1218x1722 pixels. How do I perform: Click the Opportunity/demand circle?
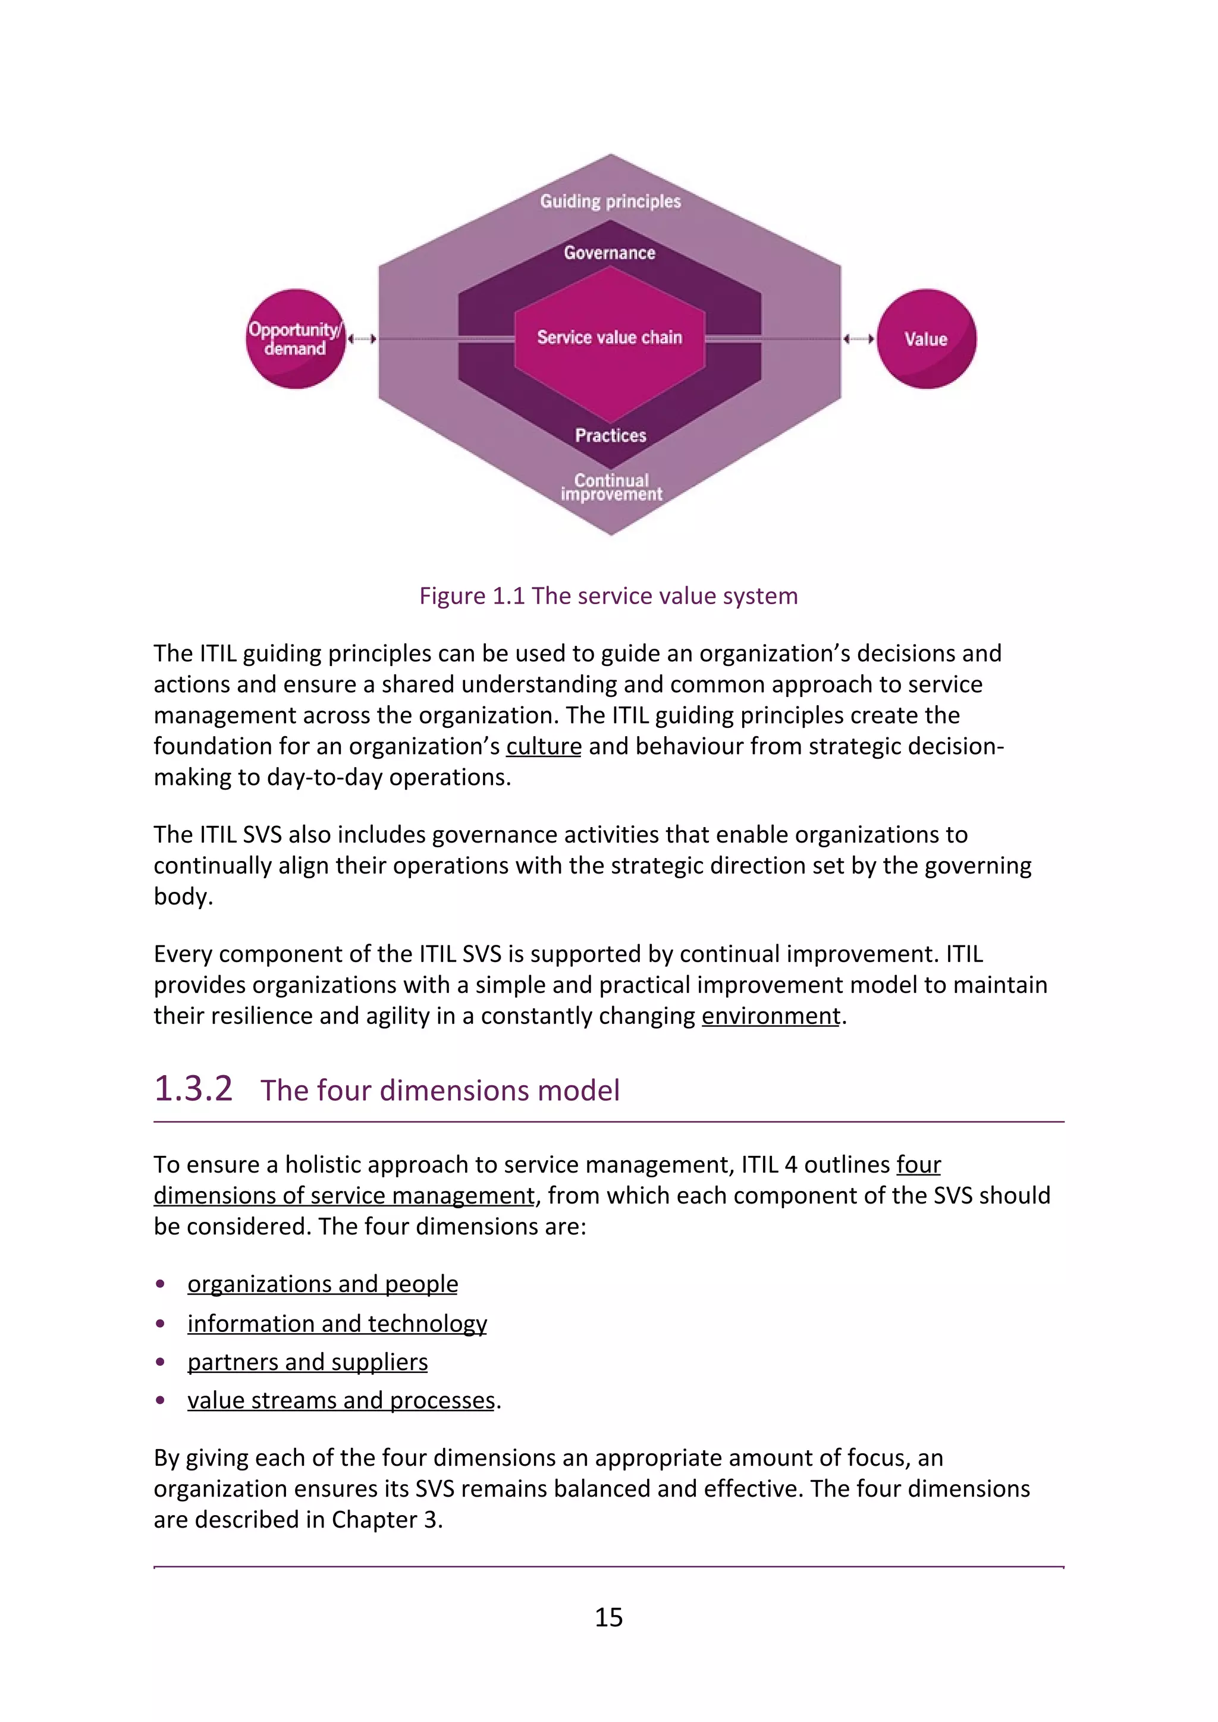(296, 339)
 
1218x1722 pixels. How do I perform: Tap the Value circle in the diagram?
(926, 339)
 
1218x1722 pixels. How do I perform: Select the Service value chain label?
(609, 338)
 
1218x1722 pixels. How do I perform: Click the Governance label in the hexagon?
(610, 253)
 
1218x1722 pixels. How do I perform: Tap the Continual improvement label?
(611, 487)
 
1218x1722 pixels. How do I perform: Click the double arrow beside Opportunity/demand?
(362, 339)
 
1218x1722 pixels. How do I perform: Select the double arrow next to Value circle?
(859, 339)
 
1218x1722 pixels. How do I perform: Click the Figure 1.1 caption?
(608, 595)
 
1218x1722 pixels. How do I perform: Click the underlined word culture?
(544, 746)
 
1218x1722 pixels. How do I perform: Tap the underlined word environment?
(770, 1016)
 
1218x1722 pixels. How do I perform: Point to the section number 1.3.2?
(193, 1089)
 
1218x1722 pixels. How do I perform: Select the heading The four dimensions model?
(440, 1091)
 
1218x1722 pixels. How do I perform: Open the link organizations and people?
(322, 1284)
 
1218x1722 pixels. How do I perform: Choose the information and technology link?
(337, 1324)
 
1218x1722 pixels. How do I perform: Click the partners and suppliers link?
(307, 1362)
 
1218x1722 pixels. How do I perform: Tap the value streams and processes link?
(341, 1400)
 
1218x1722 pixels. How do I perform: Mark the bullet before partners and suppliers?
(160, 1362)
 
